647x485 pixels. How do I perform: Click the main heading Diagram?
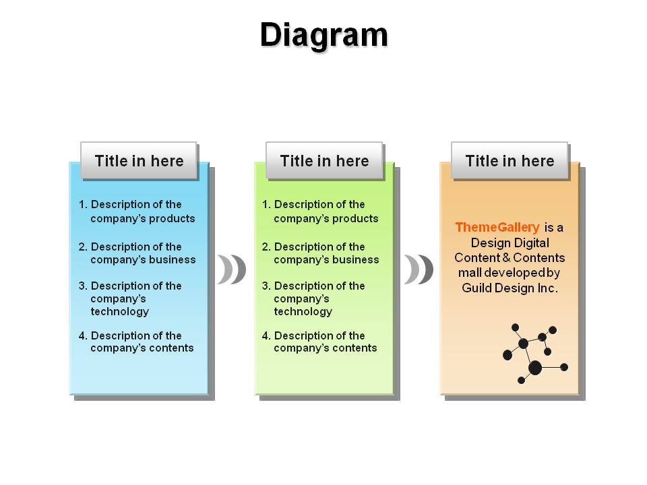324,36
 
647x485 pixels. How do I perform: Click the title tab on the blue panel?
139,160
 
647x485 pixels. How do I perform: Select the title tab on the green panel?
324,160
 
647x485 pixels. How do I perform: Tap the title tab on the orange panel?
510,160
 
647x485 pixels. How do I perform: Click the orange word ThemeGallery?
497,227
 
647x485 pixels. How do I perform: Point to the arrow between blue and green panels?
232,269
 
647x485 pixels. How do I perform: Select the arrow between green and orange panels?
419,269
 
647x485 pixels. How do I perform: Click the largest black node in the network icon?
535,368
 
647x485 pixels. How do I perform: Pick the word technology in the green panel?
303,311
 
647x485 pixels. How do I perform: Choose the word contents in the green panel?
355,348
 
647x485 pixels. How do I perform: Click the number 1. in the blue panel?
83,204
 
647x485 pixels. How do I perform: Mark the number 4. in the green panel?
266,335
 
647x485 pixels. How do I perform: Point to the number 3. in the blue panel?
83,286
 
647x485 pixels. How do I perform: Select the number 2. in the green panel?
266,247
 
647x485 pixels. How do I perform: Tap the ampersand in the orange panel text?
506,258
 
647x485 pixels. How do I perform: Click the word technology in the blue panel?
120,311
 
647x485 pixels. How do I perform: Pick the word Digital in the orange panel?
530,243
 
